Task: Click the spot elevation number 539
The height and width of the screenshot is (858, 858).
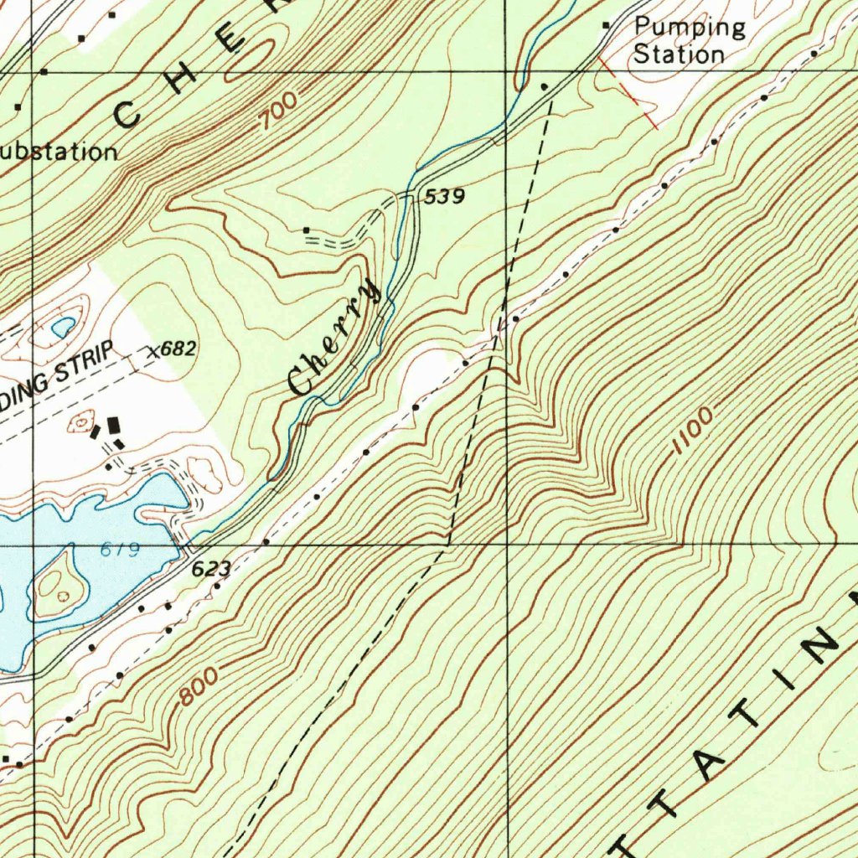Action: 444,197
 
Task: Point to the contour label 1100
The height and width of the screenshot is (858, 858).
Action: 692,432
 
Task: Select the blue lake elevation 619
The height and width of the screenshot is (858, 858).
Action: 120,550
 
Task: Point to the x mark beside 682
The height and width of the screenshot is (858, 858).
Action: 152,353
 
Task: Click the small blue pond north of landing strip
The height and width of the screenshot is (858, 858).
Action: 64,327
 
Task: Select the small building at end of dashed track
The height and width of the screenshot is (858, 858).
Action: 307,230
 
